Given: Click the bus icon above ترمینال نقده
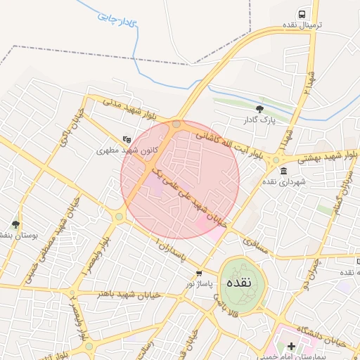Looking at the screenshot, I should click(302, 14).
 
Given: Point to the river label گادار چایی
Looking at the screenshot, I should click(117, 20).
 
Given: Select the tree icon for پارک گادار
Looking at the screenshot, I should click(260, 109).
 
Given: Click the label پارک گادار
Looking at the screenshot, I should click(259, 120).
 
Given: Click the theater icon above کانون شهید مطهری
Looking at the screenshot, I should click(127, 139).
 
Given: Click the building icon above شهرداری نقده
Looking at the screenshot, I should click(283, 171).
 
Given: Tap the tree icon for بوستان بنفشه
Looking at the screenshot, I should click(15, 224).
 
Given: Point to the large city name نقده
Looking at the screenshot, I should click(243, 283).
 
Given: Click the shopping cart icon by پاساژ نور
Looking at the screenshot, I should click(200, 274).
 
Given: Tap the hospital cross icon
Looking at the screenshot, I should click(291, 345).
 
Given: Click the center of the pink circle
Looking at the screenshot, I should click(180, 179).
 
